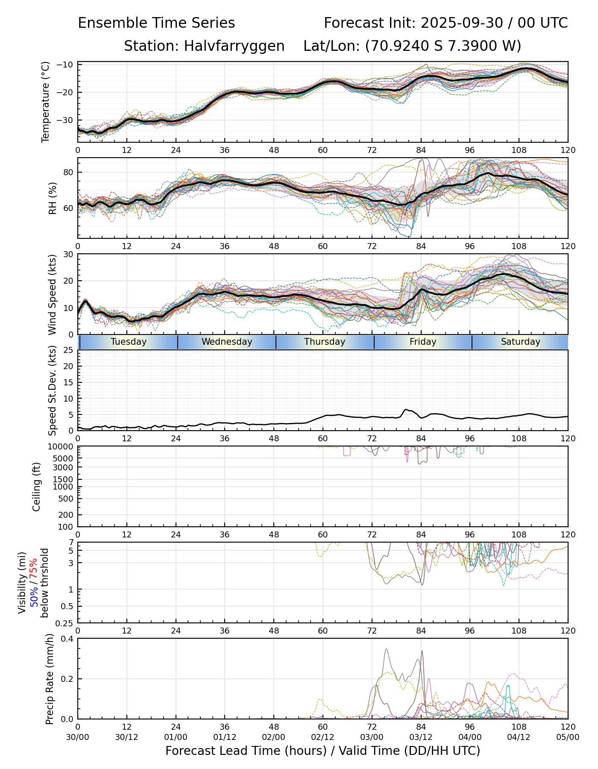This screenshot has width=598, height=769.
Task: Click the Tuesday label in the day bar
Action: (x=129, y=342)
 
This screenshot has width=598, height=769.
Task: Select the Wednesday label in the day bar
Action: (x=227, y=342)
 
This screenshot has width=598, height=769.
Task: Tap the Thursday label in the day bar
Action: (x=325, y=342)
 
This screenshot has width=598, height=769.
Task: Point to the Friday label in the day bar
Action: (x=423, y=342)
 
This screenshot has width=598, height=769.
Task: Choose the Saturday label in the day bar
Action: (x=521, y=342)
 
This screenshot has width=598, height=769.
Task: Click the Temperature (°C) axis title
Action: (x=46, y=102)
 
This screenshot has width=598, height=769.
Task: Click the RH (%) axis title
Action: (x=53, y=198)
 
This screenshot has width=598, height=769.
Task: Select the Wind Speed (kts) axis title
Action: (x=53, y=294)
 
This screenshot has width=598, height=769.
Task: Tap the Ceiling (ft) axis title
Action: (x=37, y=487)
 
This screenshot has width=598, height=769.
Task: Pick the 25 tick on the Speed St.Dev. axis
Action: (x=68, y=350)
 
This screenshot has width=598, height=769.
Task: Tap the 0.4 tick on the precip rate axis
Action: (x=67, y=639)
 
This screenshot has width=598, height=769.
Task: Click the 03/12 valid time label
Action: (x=421, y=737)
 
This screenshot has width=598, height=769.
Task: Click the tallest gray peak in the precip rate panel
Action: (x=386, y=649)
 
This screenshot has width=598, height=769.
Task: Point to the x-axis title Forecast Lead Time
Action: (x=322, y=751)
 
